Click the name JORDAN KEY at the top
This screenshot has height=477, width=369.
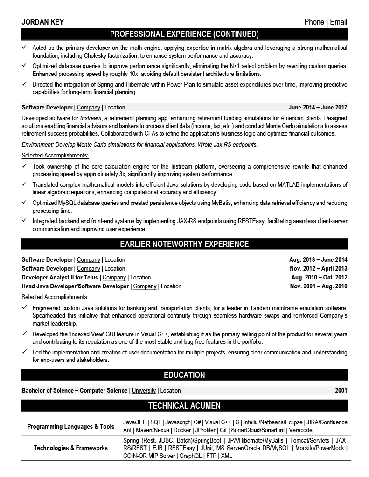tap(42, 22)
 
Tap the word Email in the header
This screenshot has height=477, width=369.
tap(338, 22)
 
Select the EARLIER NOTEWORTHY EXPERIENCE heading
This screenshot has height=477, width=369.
tap(184, 244)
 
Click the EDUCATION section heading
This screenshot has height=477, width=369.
tap(184, 375)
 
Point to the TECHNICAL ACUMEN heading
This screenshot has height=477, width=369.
tap(184, 406)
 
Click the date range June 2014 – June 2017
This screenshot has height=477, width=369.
tap(318, 108)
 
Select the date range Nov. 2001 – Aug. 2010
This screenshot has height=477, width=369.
tap(318, 286)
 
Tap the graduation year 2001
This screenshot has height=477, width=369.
tap(341, 390)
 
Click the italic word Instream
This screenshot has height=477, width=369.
tap(90, 118)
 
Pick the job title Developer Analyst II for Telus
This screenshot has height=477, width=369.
tap(60, 278)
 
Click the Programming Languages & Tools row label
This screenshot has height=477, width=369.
tap(71, 426)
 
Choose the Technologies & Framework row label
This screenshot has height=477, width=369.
tap(71, 448)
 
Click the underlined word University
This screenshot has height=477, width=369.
tap(144, 390)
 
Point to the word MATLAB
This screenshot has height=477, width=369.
tap(292, 185)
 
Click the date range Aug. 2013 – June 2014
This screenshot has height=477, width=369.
tap(318, 260)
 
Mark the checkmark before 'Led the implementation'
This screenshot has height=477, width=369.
tap(25, 352)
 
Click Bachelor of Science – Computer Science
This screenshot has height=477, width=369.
tap(74, 390)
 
